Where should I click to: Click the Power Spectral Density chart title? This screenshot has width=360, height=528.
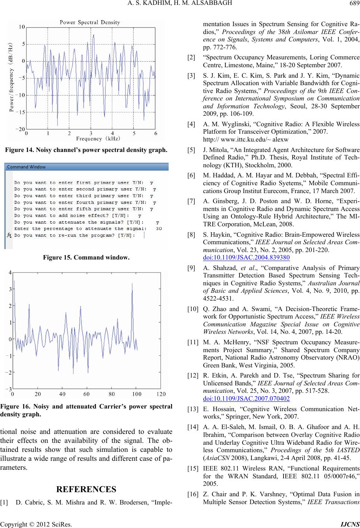91,22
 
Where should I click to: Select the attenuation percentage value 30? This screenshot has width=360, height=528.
159,229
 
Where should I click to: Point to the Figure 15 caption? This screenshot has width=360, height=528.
86,257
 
